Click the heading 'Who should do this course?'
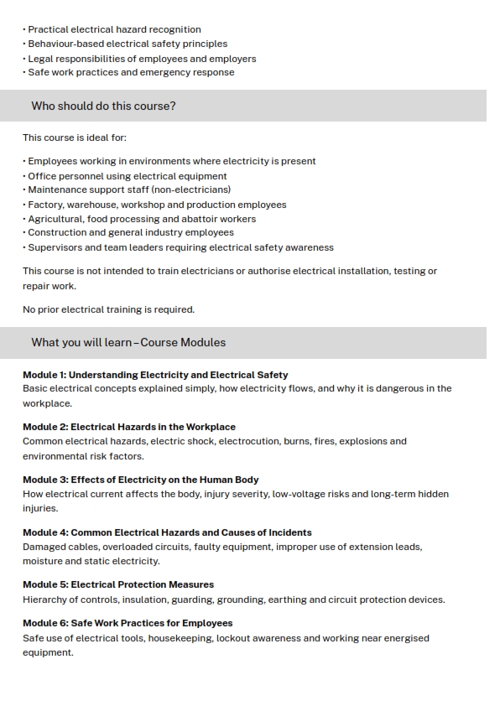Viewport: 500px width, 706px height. click(103, 106)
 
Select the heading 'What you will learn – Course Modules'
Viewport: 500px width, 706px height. click(128, 343)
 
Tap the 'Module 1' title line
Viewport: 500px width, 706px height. click(155, 375)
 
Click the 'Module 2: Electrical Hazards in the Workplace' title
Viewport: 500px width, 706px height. click(129, 427)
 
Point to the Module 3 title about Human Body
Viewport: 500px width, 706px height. click(140, 480)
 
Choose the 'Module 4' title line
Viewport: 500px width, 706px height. click(167, 532)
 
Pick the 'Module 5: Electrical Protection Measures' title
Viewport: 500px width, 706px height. click(118, 584)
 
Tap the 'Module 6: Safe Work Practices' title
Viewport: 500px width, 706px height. click(128, 623)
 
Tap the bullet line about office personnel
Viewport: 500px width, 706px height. click(128, 176)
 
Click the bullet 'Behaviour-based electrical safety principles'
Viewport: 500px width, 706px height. click(128, 44)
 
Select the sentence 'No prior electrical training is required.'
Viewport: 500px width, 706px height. click(108, 309)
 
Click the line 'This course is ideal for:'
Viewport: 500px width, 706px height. click(75, 138)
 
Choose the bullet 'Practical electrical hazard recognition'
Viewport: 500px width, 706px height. click(114, 29)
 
